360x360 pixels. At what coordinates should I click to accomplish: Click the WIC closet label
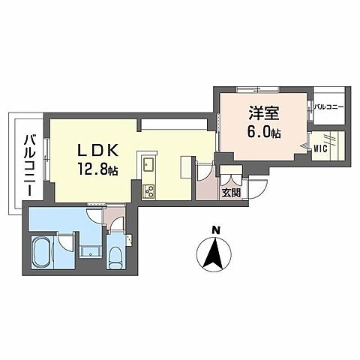(320, 147)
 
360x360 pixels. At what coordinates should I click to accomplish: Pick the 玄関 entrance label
(230, 193)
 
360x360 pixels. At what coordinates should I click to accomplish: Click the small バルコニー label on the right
(328, 107)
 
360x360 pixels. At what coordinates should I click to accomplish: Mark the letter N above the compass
(215, 230)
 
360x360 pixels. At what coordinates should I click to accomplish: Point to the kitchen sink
(148, 164)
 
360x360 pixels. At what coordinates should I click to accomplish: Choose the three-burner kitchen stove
(147, 190)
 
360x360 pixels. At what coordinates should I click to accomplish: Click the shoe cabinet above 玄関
(230, 178)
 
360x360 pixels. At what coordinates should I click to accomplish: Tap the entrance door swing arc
(257, 190)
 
